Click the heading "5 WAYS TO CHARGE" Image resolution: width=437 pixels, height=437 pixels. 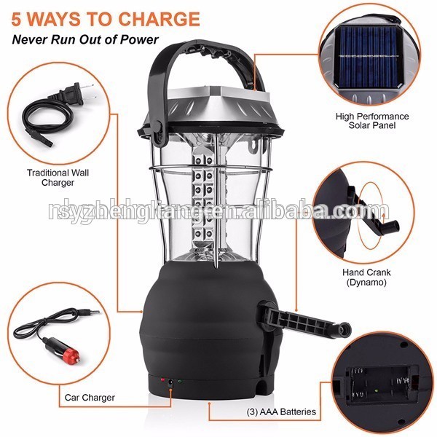pos(105,18)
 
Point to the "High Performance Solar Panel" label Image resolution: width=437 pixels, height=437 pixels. pos(372,121)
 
